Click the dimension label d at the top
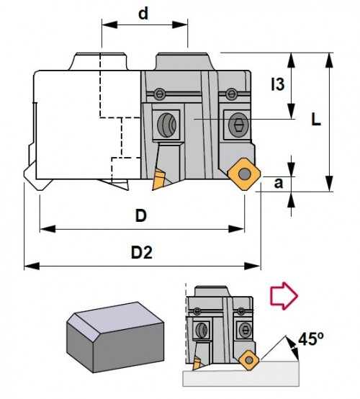[143, 14]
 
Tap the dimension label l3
[278, 84]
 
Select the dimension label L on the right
[316, 119]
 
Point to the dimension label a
[279, 183]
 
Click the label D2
[141, 253]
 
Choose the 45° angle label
[311, 339]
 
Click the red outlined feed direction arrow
[284, 296]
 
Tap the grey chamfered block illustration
[115, 337]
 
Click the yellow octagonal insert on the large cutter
[244, 174]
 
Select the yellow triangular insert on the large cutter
[158, 179]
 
